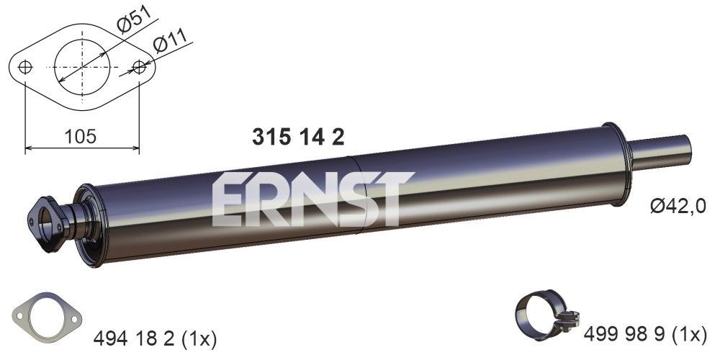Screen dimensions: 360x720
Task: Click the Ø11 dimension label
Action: point(171,44)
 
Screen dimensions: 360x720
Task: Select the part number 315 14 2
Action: point(297,137)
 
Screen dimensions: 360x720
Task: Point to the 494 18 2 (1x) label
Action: point(156,336)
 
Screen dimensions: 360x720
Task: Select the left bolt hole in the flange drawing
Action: point(26,67)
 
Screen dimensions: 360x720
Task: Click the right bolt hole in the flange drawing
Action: point(139,67)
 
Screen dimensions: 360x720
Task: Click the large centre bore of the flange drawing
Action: point(82,67)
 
